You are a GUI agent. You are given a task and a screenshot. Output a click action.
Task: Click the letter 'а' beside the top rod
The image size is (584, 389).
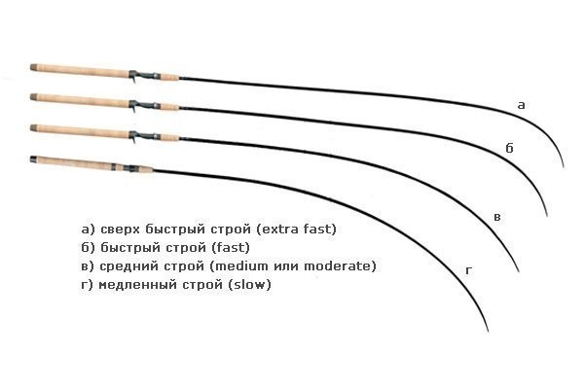[x=522, y=105]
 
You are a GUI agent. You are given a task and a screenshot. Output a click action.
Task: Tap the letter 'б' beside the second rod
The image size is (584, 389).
[x=509, y=148]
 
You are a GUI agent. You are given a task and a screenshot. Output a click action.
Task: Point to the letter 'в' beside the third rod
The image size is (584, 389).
[x=497, y=217]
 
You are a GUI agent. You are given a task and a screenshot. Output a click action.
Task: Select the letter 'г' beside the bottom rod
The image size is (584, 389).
[x=468, y=270]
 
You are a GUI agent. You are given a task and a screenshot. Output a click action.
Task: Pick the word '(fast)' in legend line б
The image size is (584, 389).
[x=231, y=247]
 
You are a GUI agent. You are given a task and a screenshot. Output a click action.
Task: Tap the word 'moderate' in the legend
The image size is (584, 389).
[x=337, y=266]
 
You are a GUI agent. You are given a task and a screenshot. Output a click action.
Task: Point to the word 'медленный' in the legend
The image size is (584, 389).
[x=138, y=285]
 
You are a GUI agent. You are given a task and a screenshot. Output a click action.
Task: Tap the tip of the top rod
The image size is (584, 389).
[x=564, y=167]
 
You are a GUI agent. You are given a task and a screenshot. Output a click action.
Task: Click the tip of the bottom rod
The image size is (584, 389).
[x=488, y=331]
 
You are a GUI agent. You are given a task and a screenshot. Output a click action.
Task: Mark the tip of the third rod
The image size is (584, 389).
[x=519, y=271]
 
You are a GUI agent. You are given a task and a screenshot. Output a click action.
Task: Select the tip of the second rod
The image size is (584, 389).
[x=547, y=216]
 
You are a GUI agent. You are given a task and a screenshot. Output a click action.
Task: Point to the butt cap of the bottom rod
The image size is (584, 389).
[x=33, y=159]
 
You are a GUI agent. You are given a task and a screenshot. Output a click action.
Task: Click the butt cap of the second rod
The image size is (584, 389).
[x=33, y=97]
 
